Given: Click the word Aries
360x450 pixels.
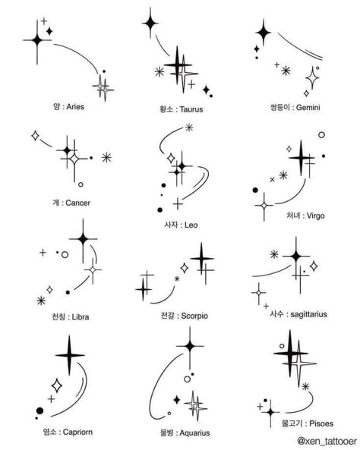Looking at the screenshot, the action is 75,107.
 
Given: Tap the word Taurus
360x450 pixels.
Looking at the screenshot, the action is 191,109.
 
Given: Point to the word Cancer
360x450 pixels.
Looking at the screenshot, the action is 78,203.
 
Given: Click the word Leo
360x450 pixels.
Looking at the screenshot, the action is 191,225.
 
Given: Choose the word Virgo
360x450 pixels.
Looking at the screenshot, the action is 315,216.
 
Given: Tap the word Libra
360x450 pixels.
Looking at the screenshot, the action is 81,317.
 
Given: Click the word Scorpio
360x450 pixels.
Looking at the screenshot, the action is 194,316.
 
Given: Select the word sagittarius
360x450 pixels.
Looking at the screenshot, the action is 308,314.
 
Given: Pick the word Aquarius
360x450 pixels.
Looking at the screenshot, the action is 194,433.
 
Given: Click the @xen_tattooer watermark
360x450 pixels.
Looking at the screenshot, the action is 327,441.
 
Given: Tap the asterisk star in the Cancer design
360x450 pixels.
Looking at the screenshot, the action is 106,158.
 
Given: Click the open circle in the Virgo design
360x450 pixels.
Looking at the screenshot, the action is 321,134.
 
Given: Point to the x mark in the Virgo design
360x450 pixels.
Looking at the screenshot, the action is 273,180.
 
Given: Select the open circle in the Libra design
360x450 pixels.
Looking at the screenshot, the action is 65,254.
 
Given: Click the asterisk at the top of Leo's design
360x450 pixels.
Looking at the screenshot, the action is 189,127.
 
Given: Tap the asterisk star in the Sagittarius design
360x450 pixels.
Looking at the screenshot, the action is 274,254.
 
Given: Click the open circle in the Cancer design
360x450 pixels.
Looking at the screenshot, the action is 81,184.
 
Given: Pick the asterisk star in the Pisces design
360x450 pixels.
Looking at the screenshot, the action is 305,386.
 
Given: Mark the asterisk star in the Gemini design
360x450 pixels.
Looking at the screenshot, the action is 286,71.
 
